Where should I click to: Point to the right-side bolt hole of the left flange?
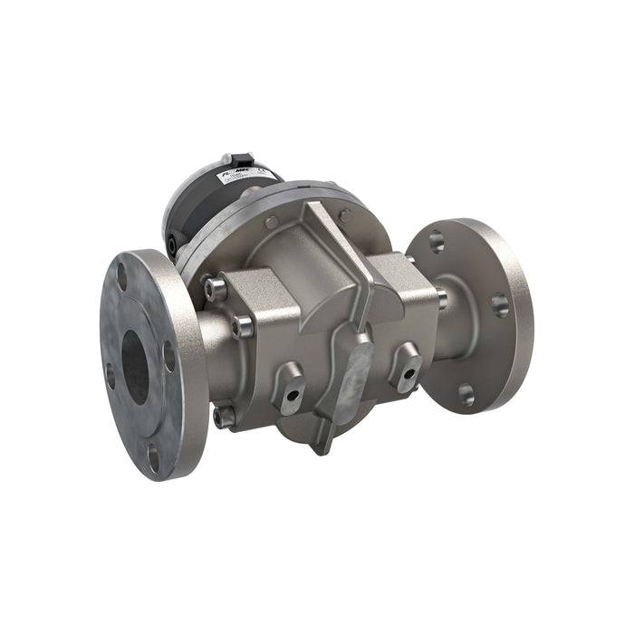pos(169,356)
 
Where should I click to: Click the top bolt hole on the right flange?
pos(437,242)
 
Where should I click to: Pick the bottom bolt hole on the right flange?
pos(466,393)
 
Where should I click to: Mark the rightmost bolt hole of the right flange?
pos(500,304)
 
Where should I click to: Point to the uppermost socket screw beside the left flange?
pos(215,289)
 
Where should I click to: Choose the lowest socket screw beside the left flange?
pos(223,417)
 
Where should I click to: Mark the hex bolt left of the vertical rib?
pos(272,222)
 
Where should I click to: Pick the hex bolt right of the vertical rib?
pos(344,216)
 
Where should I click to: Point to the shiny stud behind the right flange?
pos(441,298)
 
